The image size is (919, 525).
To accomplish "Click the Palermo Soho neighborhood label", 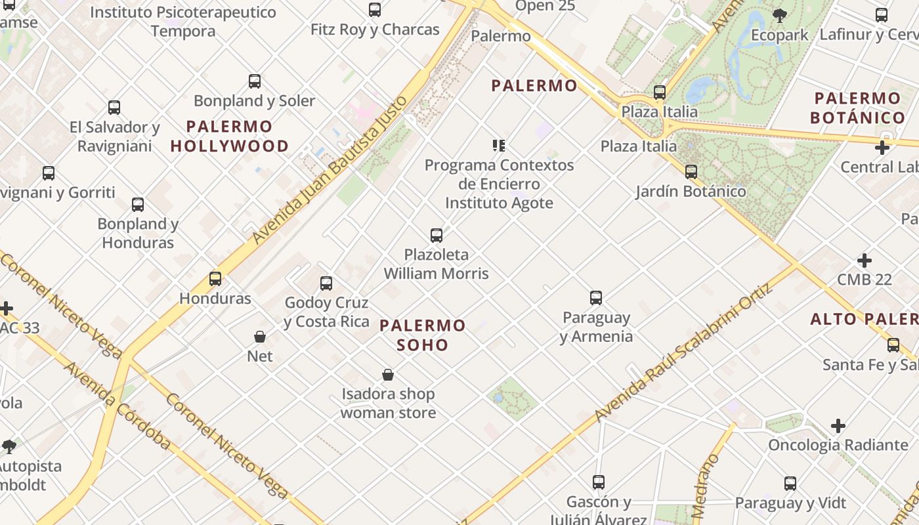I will point(423,335).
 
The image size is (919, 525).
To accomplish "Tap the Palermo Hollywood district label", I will point(230,136).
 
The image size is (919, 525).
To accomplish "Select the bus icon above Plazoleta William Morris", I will point(437,235).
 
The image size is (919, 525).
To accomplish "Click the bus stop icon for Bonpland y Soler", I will point(255,81).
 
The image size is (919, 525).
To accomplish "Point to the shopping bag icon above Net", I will point(260,337).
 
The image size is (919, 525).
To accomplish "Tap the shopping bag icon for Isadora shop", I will point(388,375).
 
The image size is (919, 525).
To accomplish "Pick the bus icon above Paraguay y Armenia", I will point(596,298).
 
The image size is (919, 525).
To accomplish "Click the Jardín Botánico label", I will point(691,192).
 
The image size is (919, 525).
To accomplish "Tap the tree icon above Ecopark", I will point(779,15).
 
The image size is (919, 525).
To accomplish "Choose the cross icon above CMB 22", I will point(865,261).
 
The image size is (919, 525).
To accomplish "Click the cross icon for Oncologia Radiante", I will point(838,426).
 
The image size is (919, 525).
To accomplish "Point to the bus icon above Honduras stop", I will point(215,278).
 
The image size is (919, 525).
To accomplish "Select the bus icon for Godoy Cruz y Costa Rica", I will point(326,283).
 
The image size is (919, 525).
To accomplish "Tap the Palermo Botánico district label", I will point(857,108).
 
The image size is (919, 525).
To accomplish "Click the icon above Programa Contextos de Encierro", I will point(499,146).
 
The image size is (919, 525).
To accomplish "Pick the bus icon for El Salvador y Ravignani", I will point(114,108).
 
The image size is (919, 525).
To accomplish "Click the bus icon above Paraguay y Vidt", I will point(790,484).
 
